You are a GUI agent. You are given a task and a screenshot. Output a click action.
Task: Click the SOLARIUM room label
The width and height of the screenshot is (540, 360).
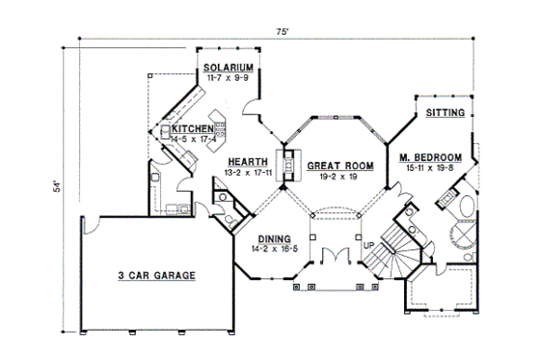[x=229, y=67]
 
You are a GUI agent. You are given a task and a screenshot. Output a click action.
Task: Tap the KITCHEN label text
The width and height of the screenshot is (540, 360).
[x=193, y=128]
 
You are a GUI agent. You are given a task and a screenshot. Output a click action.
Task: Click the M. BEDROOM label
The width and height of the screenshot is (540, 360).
[x=429, y=156]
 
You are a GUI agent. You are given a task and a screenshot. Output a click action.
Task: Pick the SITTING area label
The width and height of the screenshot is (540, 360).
[x=445, y=113]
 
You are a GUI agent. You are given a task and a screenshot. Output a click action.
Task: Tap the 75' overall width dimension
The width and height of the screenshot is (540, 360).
[x=281, y=32]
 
